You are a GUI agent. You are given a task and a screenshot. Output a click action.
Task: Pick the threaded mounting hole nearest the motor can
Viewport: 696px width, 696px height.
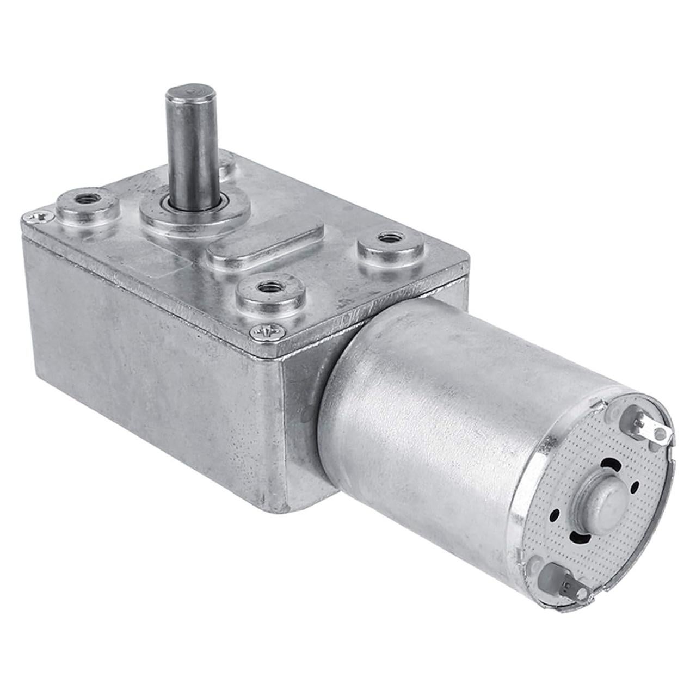pos(388,237)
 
